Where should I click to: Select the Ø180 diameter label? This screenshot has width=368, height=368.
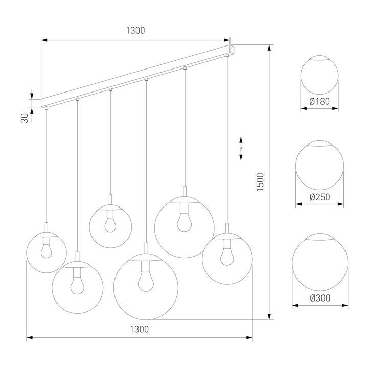click(x=319, y=101)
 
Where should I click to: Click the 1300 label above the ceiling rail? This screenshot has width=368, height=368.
click(x=135, y=30)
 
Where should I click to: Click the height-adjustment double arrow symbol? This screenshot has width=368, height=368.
click(x=242, y=149)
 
